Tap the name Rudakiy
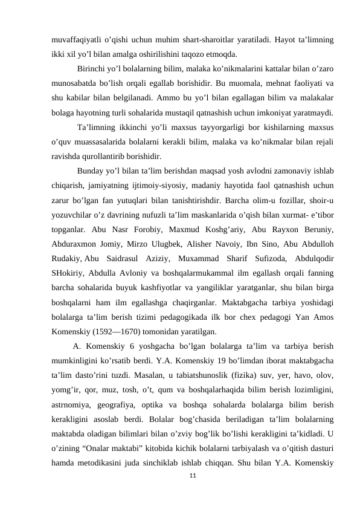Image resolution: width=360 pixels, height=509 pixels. (x=66, y=258)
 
